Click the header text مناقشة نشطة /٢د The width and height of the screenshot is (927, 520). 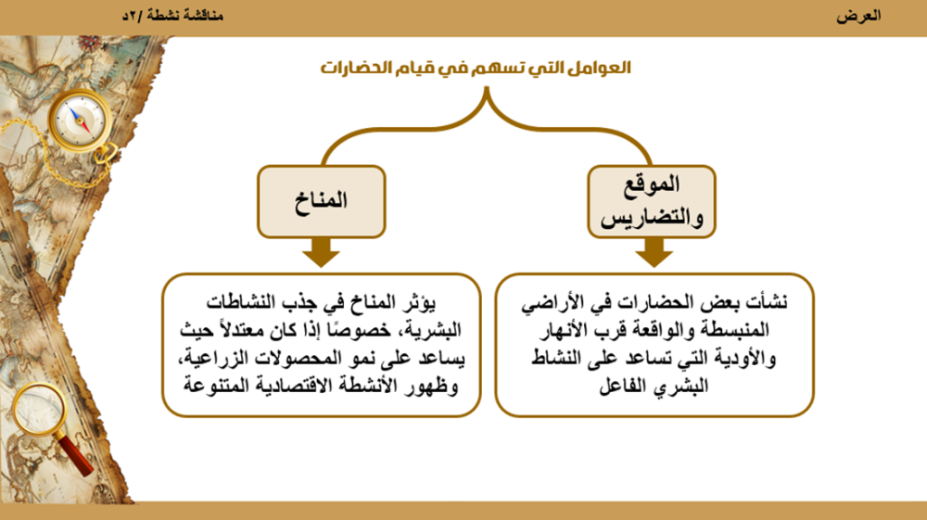pos(172,17)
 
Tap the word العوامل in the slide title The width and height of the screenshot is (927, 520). pos(600,69)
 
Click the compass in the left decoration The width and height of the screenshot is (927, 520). pos(78,118)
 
